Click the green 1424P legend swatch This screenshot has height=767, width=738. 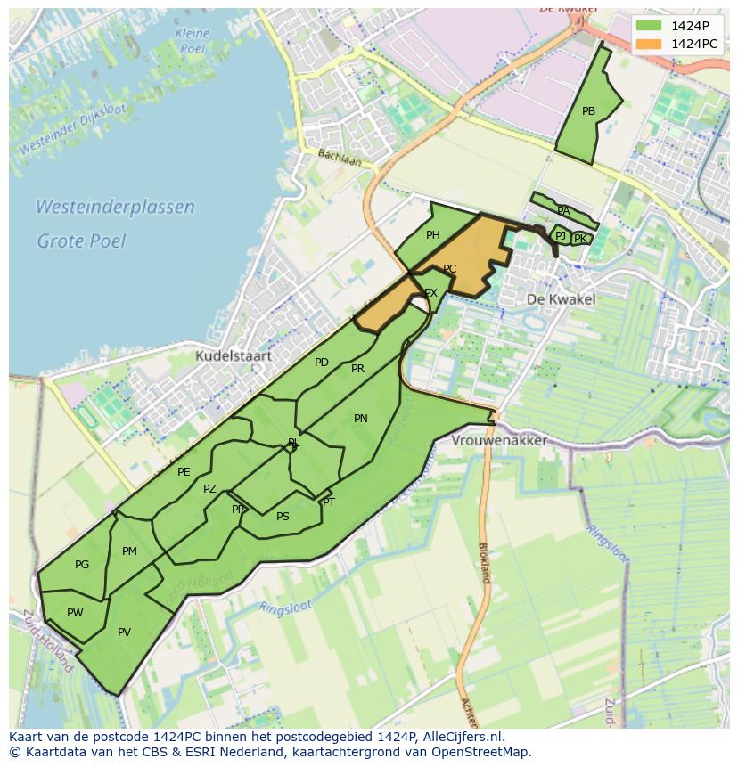(650, 26)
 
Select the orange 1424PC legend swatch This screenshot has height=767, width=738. (650, 44)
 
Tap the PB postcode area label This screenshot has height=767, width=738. (588, 111)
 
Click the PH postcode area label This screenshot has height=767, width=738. (432, 235)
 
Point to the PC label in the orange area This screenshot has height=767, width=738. (449, 269)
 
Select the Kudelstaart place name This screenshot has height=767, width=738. (234, 356)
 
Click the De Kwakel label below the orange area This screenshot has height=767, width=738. (561, 299)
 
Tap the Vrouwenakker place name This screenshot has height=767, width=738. (499, 440)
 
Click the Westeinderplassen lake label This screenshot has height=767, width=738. (115, 207)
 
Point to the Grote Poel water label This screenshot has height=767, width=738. (81, 241)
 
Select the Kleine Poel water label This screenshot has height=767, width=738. (193, 40)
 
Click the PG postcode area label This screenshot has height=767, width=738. (82, 565)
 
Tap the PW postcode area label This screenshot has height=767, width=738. (75, 613)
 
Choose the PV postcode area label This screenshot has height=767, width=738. (124, 632)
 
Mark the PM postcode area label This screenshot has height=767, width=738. (129, 551)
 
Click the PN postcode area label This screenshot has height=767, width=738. (360, 419)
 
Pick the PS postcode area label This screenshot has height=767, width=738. (283, 517)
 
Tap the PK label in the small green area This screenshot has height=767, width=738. (580, 239)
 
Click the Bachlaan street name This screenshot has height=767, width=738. (340, 157)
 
